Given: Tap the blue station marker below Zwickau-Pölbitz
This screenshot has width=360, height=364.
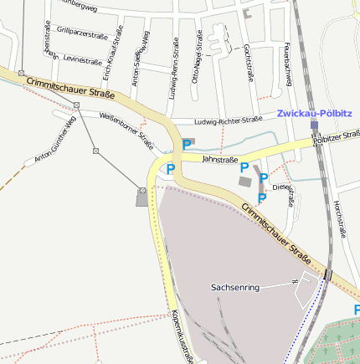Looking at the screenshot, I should [314, 125].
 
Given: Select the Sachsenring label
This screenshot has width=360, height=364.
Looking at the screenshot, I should [235, 287].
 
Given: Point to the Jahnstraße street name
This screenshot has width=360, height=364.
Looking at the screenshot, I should [220, 159].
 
